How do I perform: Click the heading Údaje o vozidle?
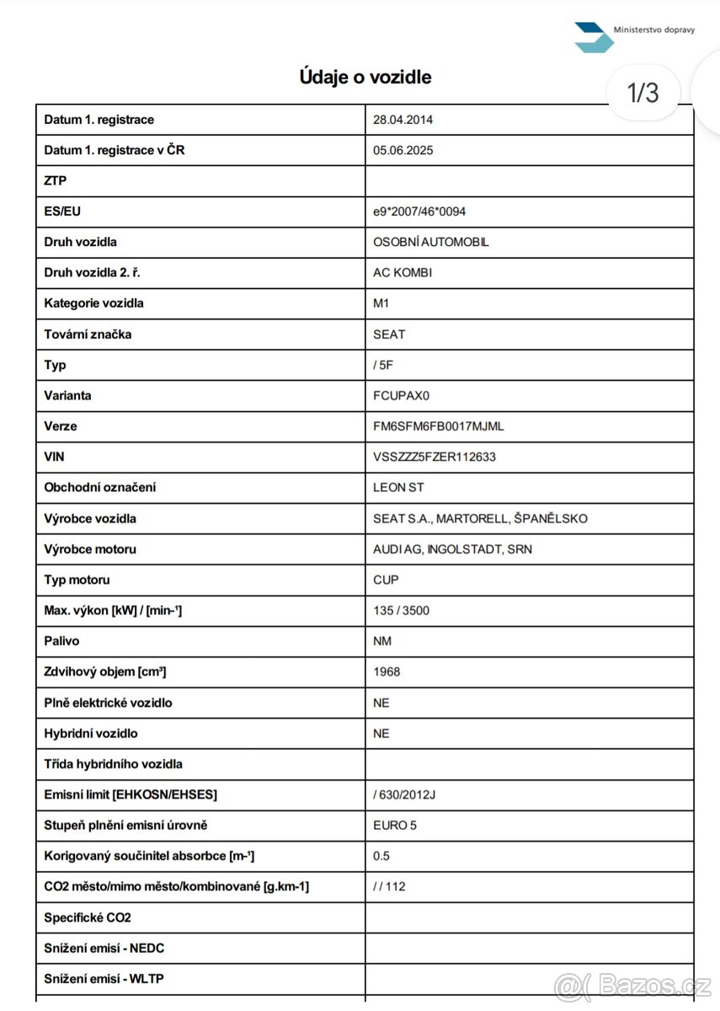tap(365, 78)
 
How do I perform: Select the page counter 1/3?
tap(643, 92)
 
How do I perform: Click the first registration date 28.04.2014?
tap(403, 120)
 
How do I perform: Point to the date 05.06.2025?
tap(403, 151)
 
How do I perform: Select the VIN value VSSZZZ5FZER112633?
tap(435, 457)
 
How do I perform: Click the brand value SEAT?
tap(389, 334)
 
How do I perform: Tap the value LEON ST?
tap(398, 488)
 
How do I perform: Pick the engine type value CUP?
tap(386, 580)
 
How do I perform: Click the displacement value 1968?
tap(387, 671)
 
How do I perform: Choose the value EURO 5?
tap(395, 825)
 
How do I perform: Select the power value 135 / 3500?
tap(401, 610)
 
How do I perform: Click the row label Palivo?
tap(61, 641)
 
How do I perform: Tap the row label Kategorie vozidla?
tap(93, 303)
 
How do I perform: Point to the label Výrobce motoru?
tap(90, 549)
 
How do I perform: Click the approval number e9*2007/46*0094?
tap(419, 211)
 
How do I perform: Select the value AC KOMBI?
tap(403, 273)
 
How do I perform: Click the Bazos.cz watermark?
tap(633, 983)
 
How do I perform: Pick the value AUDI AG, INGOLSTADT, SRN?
tap(452, 549)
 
